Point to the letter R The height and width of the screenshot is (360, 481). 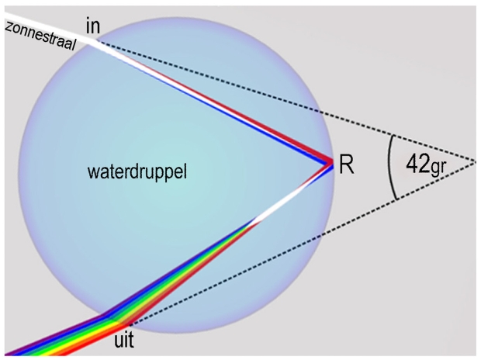347,165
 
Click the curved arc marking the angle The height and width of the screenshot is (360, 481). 389,167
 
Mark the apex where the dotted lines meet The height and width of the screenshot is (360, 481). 472,161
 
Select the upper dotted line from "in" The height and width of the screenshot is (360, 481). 295,101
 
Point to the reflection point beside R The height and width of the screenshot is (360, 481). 330,162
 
